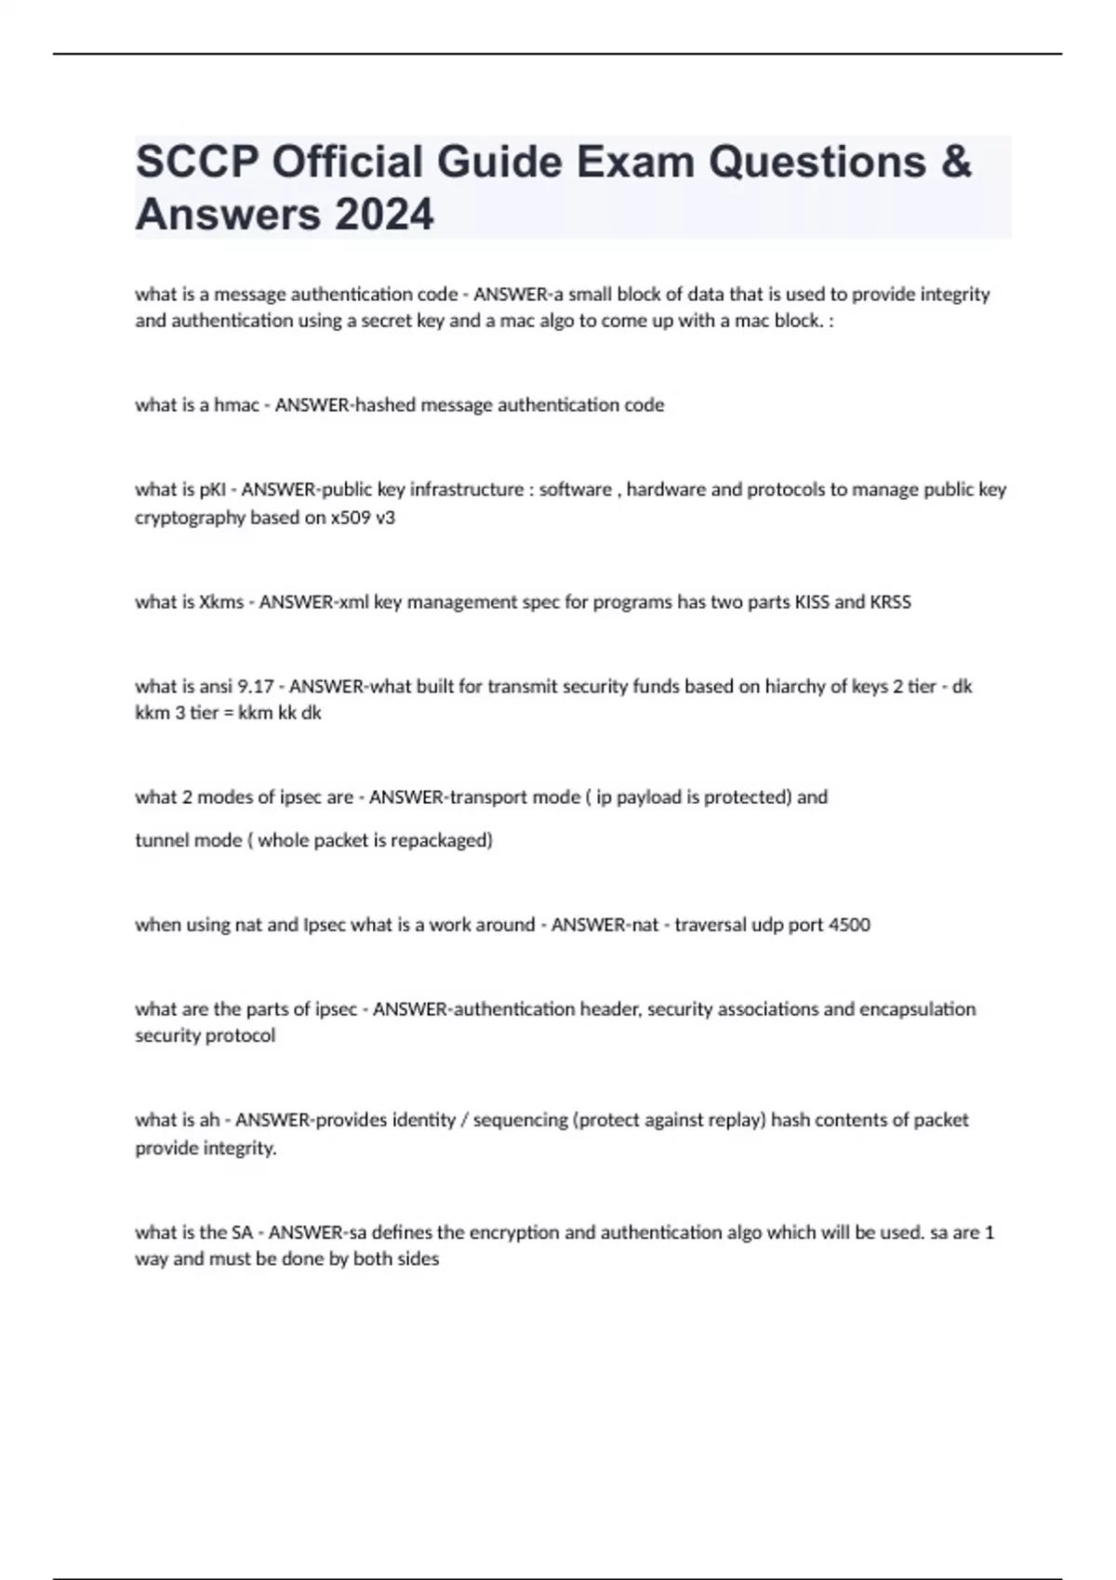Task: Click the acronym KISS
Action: (x=811, y=602)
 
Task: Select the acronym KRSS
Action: (x=890, y=602)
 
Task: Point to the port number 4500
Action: (x=847, y=925)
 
